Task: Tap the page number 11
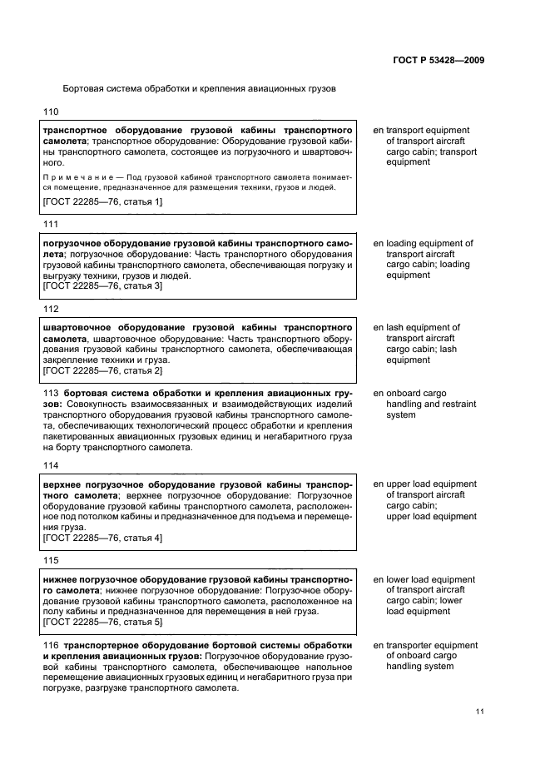479,712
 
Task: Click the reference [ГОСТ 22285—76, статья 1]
102,201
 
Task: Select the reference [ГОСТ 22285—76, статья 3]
102,286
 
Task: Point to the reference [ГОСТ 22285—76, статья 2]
102,370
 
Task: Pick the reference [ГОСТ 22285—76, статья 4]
102,538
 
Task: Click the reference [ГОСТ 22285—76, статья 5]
102,623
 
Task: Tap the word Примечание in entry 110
73,177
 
